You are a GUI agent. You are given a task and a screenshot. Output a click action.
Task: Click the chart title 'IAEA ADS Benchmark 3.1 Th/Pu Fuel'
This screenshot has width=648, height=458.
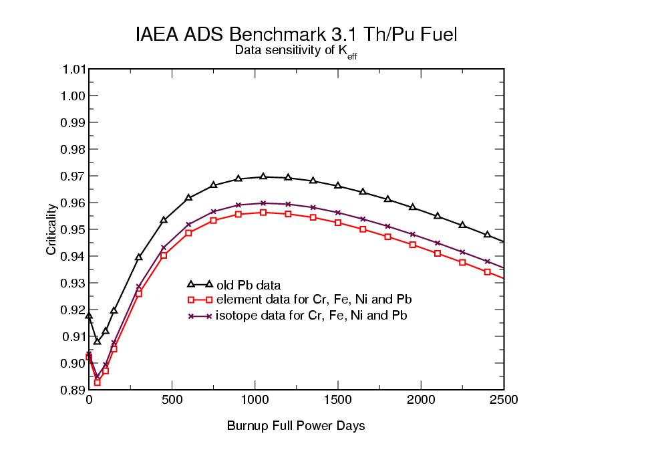click(296, 35)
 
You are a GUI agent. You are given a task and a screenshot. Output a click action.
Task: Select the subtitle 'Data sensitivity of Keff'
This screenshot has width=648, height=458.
click(296, 52)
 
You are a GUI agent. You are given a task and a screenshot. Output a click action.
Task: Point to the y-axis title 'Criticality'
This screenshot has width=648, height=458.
click(51, 229)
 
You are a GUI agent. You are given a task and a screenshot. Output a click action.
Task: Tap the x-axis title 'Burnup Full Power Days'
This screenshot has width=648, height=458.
click(296, 426)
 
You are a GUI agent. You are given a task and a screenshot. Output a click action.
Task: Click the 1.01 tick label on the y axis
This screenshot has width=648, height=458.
click(73, 69)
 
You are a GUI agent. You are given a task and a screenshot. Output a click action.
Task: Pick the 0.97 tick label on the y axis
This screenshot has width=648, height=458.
click(73, 176)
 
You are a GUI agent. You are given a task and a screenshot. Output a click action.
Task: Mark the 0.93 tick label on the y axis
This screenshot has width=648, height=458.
click(73, 283)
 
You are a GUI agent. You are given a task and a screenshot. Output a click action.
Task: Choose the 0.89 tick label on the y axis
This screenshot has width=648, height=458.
click(73, 390)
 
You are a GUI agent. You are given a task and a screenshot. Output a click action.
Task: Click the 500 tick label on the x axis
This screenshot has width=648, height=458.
click(172, 400)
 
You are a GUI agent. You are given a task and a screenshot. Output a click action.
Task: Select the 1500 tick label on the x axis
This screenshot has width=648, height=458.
click(338, 400)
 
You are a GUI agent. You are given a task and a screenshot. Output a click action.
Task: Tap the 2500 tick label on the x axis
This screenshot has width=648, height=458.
click(504, 400)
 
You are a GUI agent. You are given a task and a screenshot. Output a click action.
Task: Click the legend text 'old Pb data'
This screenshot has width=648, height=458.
click(244, 285)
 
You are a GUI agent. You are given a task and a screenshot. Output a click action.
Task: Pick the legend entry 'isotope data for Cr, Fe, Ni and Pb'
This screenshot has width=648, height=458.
click(311, 315)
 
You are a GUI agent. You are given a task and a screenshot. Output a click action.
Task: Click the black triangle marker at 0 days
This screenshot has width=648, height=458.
click(89, 316)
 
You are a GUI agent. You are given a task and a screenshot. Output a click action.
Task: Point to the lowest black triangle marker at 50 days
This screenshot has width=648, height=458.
click(97, 341)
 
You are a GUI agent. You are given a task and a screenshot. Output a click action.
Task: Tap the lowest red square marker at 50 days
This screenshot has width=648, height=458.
click(97, 382)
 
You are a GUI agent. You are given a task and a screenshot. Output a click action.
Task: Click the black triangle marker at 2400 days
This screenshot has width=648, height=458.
click(487, 234)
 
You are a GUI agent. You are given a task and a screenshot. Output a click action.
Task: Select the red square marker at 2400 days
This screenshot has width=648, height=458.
click(487, 272)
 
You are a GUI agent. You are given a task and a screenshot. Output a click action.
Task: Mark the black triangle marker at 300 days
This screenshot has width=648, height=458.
click(139, 257)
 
